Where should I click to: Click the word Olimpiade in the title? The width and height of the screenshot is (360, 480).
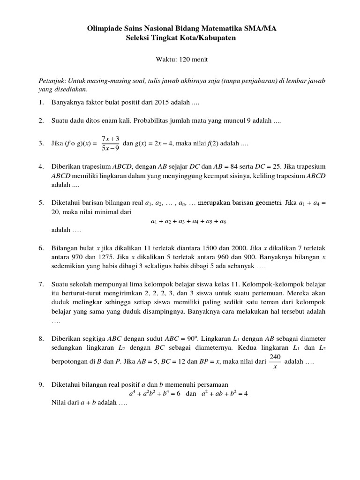tap(103, 29)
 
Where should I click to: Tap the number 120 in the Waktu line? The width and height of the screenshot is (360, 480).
tap(180, 60)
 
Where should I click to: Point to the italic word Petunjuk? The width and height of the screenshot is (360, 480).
tap(51, 81)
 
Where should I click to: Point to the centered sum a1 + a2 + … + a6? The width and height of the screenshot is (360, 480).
tap(188, 221)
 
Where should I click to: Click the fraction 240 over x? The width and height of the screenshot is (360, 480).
tap(275, 362)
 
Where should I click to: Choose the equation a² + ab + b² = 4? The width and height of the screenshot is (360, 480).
tap(224, 393)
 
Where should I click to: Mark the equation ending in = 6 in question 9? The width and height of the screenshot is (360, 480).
tap(155, 393)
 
